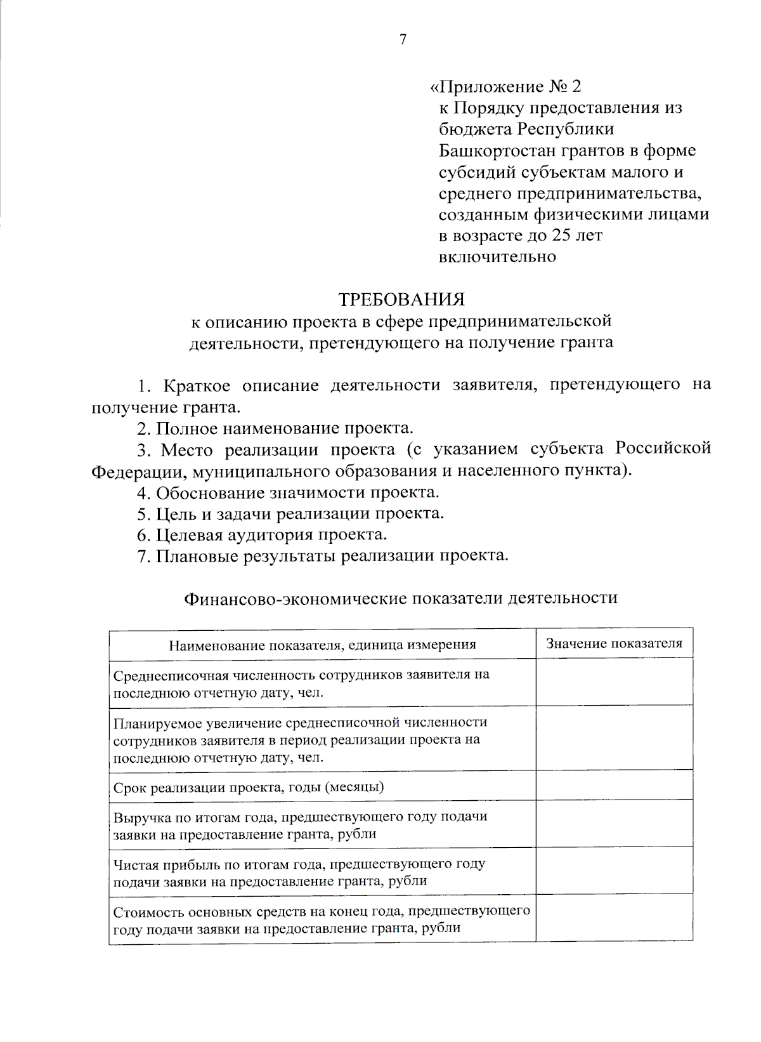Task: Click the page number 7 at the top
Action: pyautogui.click(x=401, y=39)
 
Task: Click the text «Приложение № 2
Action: pyautogui.click(x=505, y=87)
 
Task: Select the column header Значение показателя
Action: pyautogui.click(x=614, y=643)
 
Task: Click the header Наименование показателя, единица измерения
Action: pyautogui.click(x=322, y=645)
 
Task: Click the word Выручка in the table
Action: pyautogui.click(x=137, y=817)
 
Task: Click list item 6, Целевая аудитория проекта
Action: pyautogui.click(x=263, y=535)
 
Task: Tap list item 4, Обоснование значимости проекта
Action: pyautogui.click(x=289, y=492)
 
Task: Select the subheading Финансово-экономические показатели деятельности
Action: pyautogui.click(x=400, y=598)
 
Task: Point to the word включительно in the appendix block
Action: pyautogui.click(x=497, y=257)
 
